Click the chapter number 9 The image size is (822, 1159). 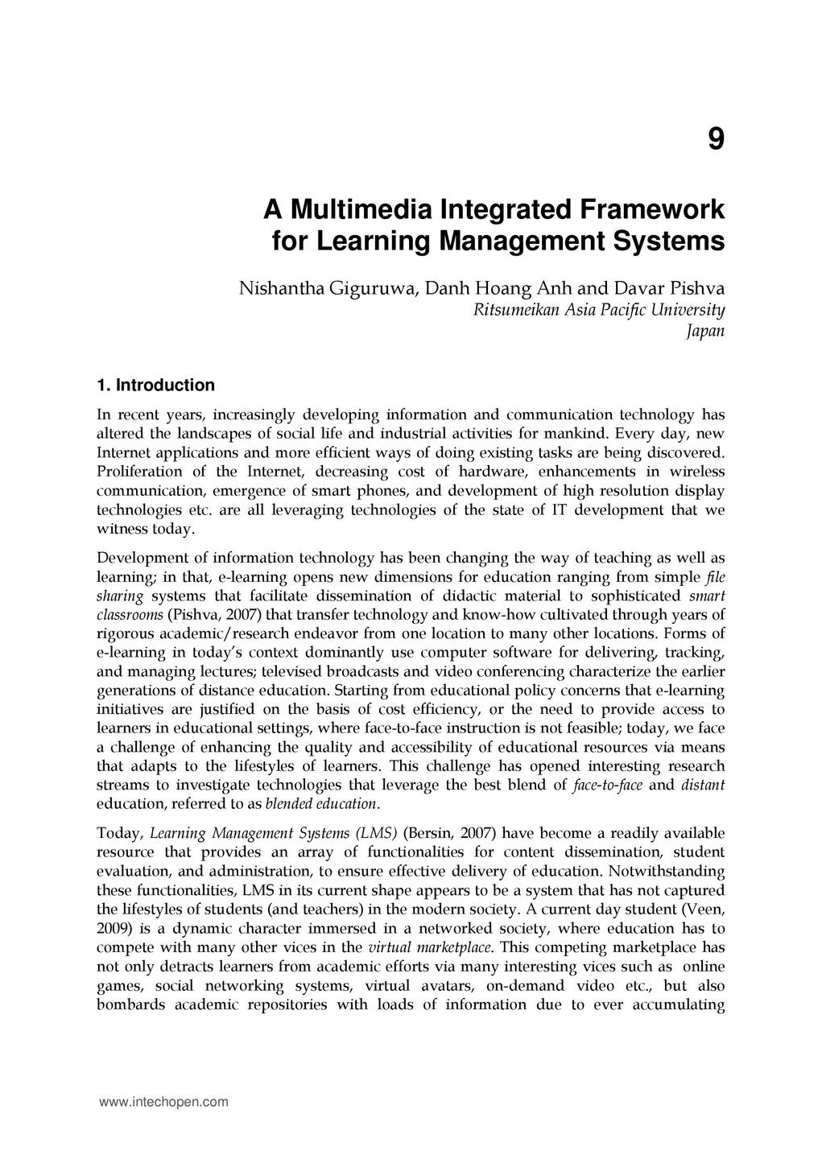(x=716, y=140)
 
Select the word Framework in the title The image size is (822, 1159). (x=650, y=211)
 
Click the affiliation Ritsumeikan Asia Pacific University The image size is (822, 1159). (x=599, y=310)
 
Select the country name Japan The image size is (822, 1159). (x=705, y=331)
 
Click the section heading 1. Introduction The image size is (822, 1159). (x=155, y=386)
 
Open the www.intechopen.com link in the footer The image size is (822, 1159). (x=163, y=1102)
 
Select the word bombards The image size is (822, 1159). (x=130, y=1004)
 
